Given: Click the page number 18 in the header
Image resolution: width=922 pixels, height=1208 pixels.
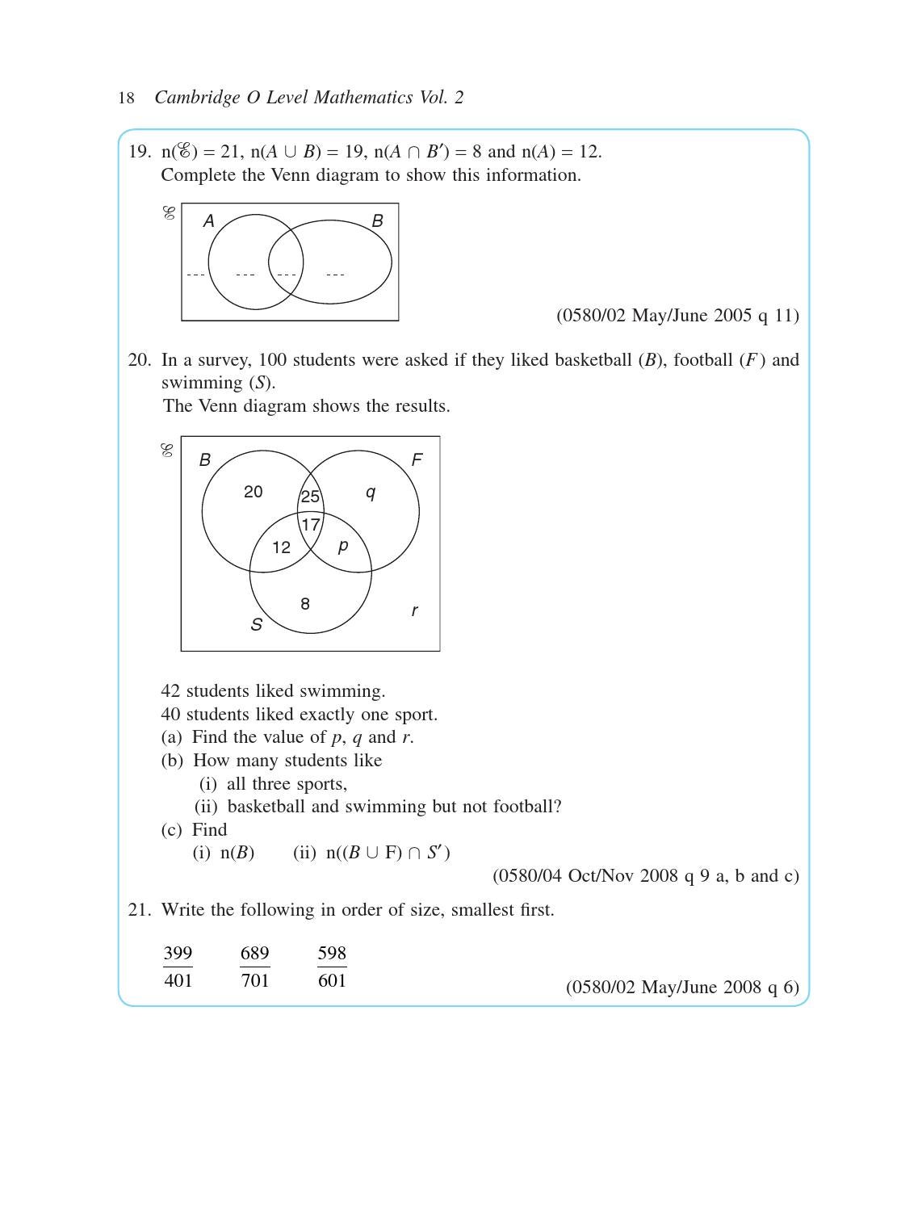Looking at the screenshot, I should (126, 99).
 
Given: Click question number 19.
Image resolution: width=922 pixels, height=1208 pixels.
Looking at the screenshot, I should (139, 152).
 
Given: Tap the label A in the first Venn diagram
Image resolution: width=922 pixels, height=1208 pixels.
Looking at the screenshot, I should (208, 221).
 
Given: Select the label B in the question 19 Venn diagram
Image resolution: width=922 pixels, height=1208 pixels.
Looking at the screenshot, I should (377, 221).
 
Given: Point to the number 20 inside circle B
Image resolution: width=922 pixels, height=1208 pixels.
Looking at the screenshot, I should (253, 492).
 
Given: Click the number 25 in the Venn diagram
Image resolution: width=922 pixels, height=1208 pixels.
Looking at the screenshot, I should (310, 497).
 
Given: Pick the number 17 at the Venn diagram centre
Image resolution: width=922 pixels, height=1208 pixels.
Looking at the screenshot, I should (310, 525).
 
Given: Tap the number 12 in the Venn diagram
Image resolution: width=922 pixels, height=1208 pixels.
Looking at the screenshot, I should (281, 547).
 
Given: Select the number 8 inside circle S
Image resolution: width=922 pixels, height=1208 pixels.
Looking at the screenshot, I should (304, 604).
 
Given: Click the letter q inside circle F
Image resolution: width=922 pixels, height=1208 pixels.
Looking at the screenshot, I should (371, 493).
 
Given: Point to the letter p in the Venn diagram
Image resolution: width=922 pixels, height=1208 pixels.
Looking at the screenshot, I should (343, 546).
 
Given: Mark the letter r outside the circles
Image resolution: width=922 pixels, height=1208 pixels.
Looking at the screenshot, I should (414, 611).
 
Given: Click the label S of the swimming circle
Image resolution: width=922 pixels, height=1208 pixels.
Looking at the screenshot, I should (256, 625).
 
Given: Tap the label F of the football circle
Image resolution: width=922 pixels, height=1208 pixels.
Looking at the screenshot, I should (417, 460).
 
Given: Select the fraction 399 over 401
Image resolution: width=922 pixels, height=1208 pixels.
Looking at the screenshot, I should (178, 967).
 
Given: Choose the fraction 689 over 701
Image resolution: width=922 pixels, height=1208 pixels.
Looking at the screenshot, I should (254, 967).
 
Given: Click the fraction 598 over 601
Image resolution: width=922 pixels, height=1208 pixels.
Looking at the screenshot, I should (332, 967).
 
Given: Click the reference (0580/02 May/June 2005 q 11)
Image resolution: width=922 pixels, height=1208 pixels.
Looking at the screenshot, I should (677, 316).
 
